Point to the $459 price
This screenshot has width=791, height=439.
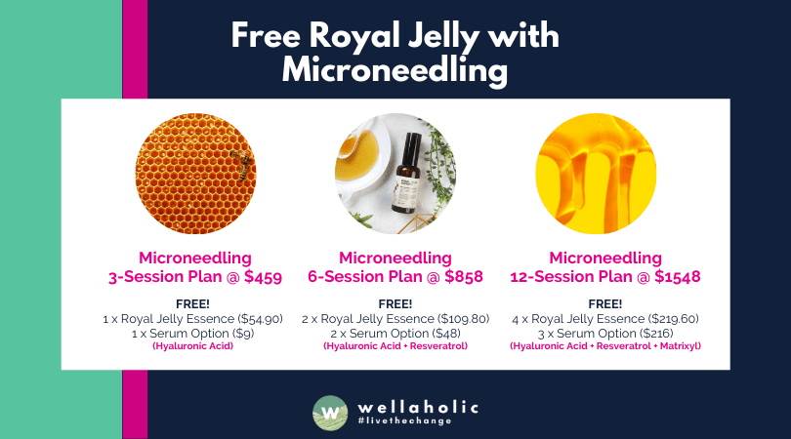[259, 277]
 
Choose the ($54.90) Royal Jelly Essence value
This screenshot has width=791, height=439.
[253, 319]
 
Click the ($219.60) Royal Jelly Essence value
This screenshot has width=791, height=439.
[665, 319]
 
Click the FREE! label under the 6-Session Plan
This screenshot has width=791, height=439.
[395, 303]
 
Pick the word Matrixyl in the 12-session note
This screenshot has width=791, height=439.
[679, 345]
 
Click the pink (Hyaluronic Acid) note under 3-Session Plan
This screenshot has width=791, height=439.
[194, 345]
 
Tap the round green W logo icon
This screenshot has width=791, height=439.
[331, 413]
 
